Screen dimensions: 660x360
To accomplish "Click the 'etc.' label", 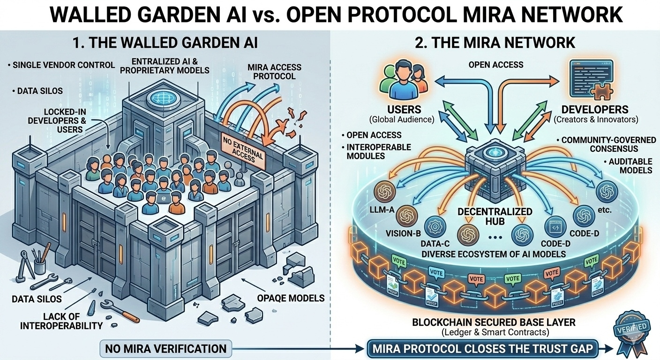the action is (x=605, y=210).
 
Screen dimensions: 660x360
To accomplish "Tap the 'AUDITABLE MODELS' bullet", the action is (x=630, y=165).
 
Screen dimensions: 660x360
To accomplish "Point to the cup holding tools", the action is (x=40, y=266).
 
